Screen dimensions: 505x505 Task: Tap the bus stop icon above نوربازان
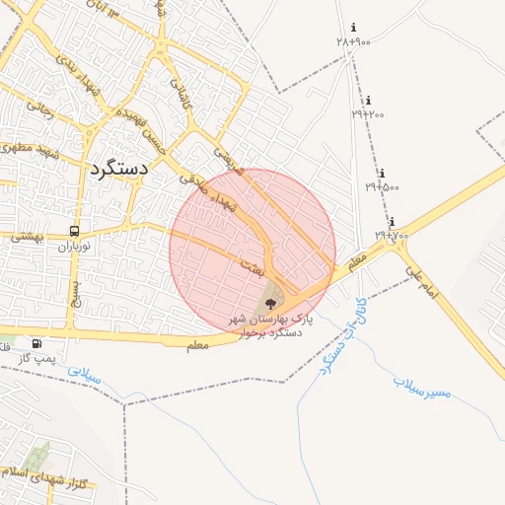[74, 231]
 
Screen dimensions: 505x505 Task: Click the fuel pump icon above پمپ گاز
[36, 343]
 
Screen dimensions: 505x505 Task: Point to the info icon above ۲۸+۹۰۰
[354, 28]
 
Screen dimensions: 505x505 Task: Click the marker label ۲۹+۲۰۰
[368, 114]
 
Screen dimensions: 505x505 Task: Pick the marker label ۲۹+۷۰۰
[391, 236]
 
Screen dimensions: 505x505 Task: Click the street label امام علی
[421, 274]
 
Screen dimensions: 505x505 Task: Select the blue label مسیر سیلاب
[422, 386]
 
